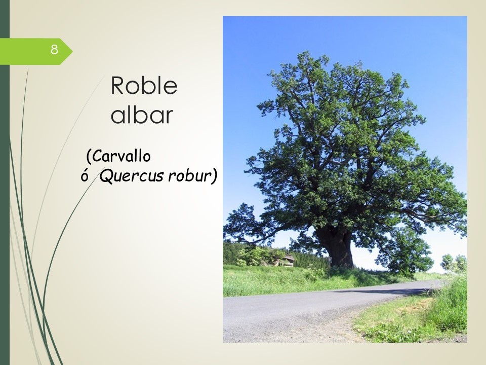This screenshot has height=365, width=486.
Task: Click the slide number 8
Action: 54,49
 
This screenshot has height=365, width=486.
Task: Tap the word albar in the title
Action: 142,115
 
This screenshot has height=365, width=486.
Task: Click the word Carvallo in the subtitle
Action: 121,156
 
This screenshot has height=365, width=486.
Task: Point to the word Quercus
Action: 132,176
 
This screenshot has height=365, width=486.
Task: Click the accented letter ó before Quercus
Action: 84,176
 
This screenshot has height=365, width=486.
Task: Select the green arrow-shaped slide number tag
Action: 36,51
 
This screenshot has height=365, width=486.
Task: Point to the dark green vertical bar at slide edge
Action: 5,182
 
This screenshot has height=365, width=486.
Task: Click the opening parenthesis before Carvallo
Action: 89,157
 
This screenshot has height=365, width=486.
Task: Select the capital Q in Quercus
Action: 106,176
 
